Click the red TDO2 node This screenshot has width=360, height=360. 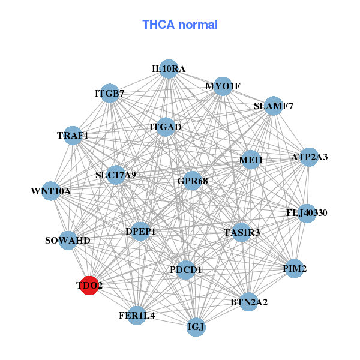[89, 286]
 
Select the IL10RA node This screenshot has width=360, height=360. [169, 69]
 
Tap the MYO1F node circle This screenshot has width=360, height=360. [223, 86]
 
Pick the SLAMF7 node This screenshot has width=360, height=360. [273, 106]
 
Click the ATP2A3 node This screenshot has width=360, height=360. [309, 157]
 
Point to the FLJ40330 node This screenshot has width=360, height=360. [307, 213]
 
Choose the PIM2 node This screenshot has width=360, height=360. [295, 268]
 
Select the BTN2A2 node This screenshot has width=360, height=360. [249, 301]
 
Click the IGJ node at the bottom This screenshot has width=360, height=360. [196, 327]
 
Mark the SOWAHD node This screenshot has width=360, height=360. [68, 241]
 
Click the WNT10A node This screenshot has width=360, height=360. [51, 191]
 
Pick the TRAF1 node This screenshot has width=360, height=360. [73, 135]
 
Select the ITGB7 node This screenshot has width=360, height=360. [109, 93]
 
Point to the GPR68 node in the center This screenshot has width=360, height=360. [192, 180]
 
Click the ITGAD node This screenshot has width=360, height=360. [165, 127]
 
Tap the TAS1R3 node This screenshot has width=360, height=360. [241, 232]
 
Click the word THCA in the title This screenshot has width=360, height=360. [158, 25]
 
